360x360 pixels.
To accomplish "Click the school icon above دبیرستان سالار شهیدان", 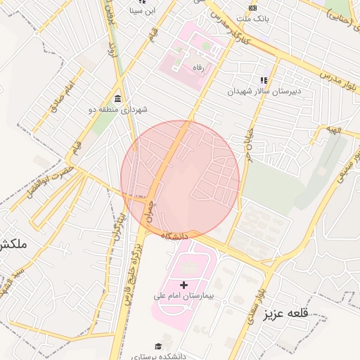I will [x=264, y=81].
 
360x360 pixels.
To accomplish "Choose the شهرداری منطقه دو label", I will [x=117, y=109].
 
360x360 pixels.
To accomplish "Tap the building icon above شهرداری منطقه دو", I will [x=117, y=98].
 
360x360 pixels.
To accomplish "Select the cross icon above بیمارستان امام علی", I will [x=184, y=285].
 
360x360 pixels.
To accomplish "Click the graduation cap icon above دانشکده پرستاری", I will [x=159, y=346].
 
